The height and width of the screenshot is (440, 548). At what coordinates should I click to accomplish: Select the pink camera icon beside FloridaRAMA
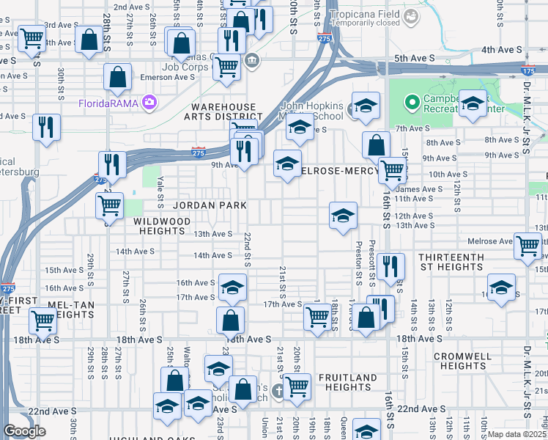pyautogui.click(x=150, y=102)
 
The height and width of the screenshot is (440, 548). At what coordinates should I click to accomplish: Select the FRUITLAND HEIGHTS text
pyautogui.click(x=347, y=383)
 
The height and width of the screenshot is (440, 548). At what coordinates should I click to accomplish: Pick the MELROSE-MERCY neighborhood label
pyautogui.click(x=340, y=170)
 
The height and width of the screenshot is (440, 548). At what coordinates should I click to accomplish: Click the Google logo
pyautogui.click(x=25, y=431)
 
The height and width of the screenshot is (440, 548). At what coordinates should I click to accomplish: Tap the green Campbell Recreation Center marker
pyautogui.click(x=412, y=100)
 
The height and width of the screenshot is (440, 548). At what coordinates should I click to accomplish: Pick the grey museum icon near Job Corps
pyautogui.click(x=252, y=60)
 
